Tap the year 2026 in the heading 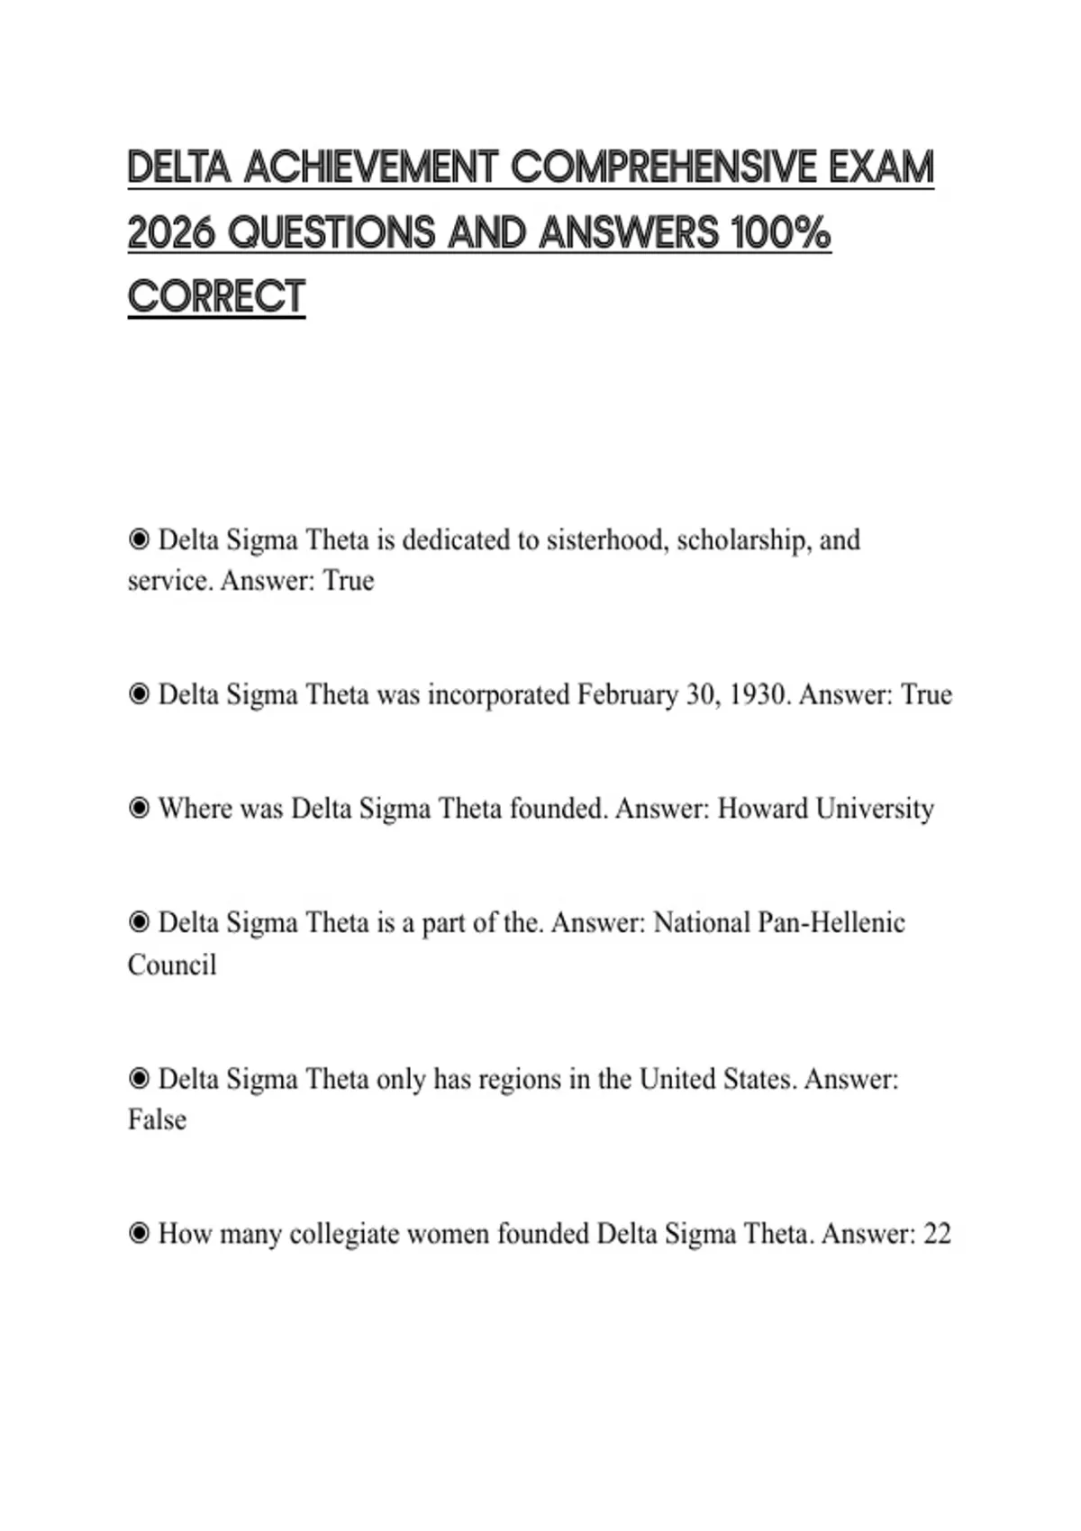click(x=171, y=233)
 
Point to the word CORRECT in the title click(x=216, y=297)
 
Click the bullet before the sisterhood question click(x=139, y=540)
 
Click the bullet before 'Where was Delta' click(x=139, y=809)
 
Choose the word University click(x=874, y=809)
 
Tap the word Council click(x=172, y=965)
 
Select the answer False click(x=157, y=1119)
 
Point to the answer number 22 click(x=937, y=1234)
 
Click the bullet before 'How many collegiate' click(x=139, y=1234)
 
